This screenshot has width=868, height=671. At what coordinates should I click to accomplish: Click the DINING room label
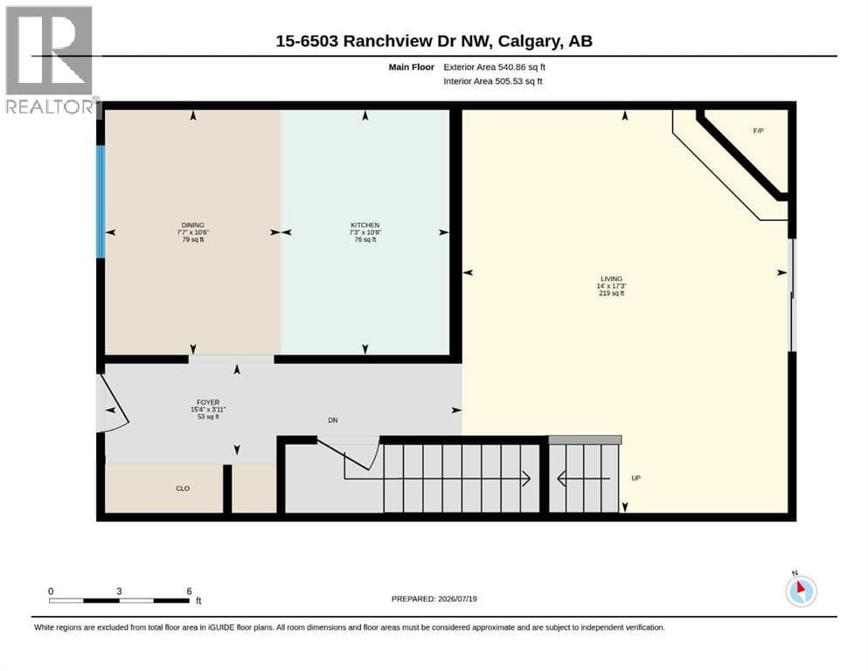click(192, 225)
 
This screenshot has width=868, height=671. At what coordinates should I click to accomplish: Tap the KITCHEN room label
click(365, 225)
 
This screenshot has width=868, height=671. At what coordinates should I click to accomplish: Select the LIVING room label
click(612, 279)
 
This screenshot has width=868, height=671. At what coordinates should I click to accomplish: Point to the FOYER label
click(208, 402)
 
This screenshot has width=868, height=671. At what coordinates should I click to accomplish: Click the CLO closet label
click(183, 488)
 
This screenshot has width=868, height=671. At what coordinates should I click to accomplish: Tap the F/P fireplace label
click(759, 130)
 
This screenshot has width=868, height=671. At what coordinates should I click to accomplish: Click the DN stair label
click(333, 420)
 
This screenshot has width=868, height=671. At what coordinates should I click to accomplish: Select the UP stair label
click(636, 478)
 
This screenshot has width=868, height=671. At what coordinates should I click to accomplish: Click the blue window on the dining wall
click(101, 201)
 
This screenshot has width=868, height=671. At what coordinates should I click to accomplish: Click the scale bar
click(120, 600)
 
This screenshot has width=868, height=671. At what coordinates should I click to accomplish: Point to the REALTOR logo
click(50, 59)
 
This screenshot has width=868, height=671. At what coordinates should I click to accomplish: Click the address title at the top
click(434, 41)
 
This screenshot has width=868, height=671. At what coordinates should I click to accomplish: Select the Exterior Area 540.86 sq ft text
click(495, 67)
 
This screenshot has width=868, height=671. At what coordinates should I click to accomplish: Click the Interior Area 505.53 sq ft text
click(493, 81)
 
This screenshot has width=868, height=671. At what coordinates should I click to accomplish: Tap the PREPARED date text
click(434, 598)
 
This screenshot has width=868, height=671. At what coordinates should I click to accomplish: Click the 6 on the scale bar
click(189, 591)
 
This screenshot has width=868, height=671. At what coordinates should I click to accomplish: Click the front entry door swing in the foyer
click(113, 404)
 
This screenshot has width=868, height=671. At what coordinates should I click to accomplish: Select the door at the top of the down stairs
click(348, 453)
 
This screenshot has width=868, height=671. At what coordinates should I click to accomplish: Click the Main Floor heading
click(412, 67)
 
